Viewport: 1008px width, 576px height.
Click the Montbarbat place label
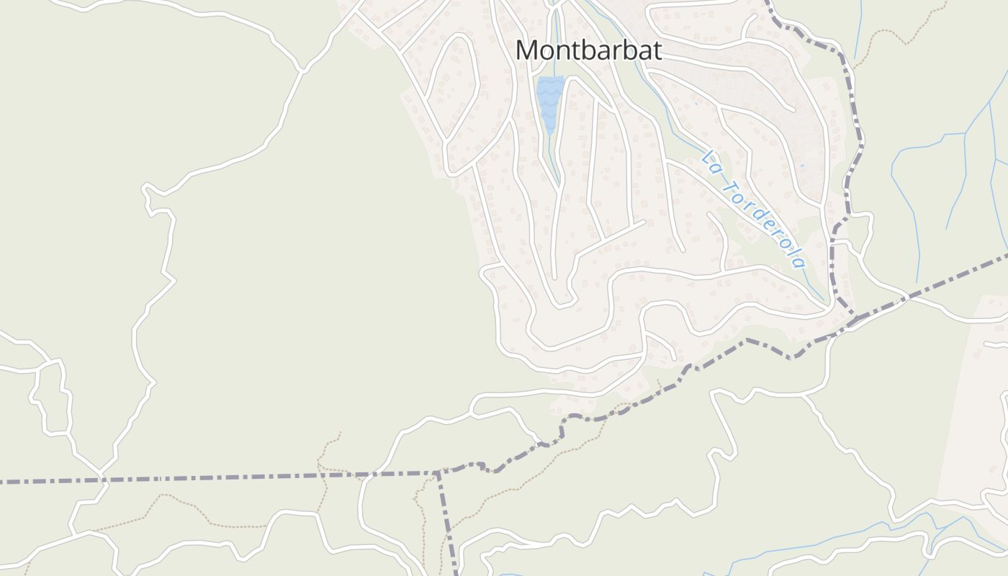pos(588,50)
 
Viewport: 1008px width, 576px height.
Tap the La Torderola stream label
pos(753,208)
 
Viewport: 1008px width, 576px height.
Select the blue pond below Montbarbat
pos(549,101)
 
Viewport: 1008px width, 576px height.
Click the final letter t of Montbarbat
pos(656,50)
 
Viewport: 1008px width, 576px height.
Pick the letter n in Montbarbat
pos(564,51)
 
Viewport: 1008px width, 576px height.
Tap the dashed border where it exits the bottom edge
pos(456,572)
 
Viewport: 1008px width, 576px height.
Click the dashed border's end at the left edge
pos(3,480)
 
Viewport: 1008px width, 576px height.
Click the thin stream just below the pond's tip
pos(553,155)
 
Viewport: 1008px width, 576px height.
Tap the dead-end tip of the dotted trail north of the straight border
pos(340,433)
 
